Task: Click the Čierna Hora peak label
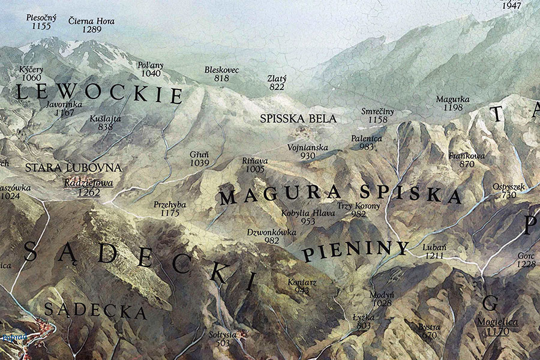(91, 21)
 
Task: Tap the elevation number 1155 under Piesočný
(41, 27)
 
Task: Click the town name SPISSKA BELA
(298, 119)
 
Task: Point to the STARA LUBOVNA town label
(73, 167)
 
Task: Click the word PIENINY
(355, 251)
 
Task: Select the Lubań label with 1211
(434, 247)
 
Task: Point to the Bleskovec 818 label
(221, 70)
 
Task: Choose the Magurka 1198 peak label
(452, 99)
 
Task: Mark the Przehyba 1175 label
(170, 205)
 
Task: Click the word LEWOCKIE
(99, 94)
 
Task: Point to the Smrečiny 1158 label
(378, 112)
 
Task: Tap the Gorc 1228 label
(526, 256)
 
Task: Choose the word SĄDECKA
(95, 311)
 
